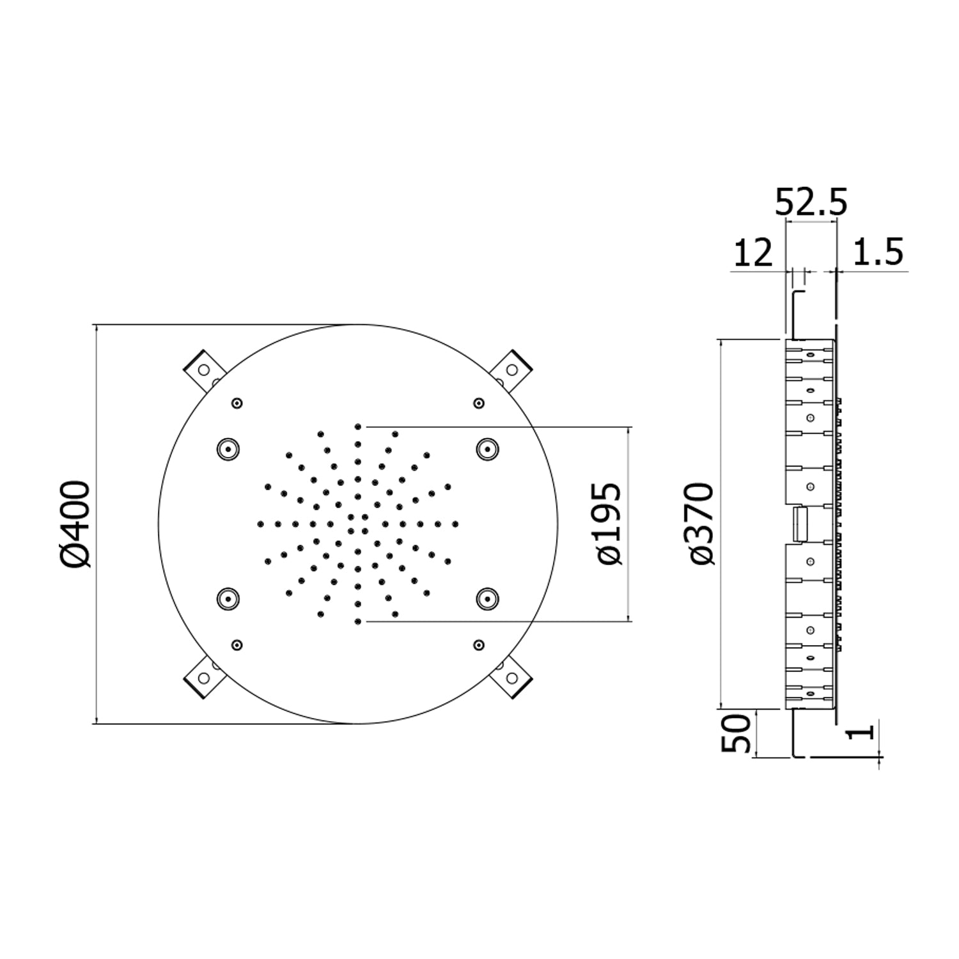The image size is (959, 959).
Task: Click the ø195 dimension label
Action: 608,524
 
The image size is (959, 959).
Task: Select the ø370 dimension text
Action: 700,524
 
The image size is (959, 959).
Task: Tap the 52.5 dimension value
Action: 811,203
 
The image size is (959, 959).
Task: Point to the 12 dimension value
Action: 753,253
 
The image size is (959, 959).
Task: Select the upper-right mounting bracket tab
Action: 511,370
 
